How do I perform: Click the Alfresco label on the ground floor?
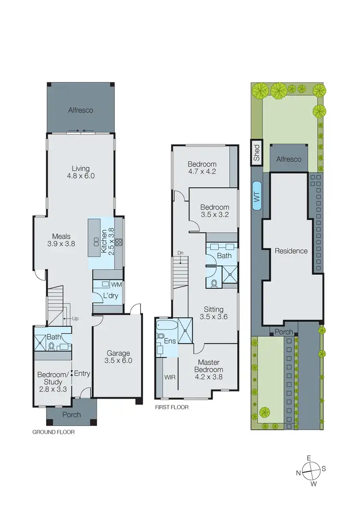pyautogui.click(x=80, y=110)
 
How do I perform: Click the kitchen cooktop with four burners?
pyautogui.click(x=118, y=242)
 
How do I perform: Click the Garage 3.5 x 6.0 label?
pyautogui.click(x=118, y=357)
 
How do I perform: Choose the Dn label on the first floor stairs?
pyautogui.click(x=180, y=252)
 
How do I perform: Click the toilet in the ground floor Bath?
pyautogui.click(x=51, y=345)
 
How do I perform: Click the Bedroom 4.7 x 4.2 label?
pyautogui.click(x=202, y=168)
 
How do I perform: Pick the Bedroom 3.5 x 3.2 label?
pyautogui.click(x=214, y=211)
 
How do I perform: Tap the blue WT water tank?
pyautogui.click(x=256, y=196)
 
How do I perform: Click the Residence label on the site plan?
pyautogui.click(x=291, y=251)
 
